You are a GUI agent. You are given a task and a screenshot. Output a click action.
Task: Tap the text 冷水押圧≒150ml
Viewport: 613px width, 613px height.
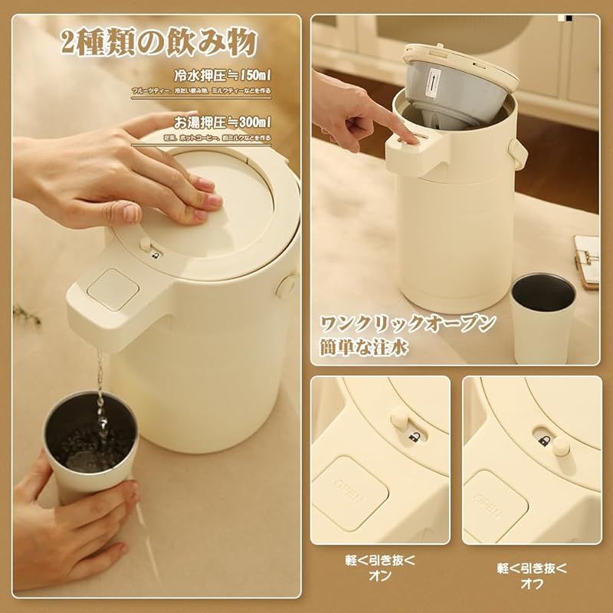pyautogui.click(x=222, y=77)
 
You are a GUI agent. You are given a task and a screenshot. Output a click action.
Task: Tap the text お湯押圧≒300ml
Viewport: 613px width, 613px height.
pyautogui.click(x=222, y=122)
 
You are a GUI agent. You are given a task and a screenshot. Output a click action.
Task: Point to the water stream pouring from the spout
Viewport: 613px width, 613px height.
pyautogui.click(x=97, y=383)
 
